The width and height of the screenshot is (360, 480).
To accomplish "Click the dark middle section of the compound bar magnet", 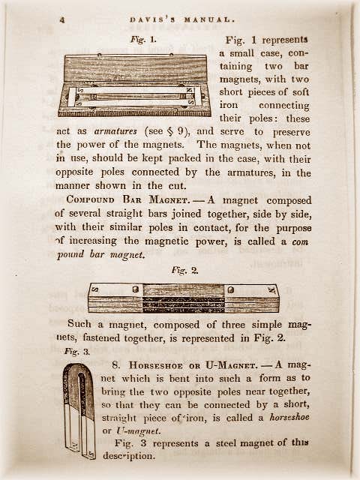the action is click(183, 298).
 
